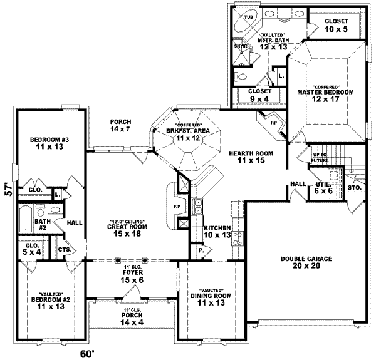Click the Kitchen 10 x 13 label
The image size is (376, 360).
pos(217,231)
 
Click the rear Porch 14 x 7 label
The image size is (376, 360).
pos(120,125)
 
